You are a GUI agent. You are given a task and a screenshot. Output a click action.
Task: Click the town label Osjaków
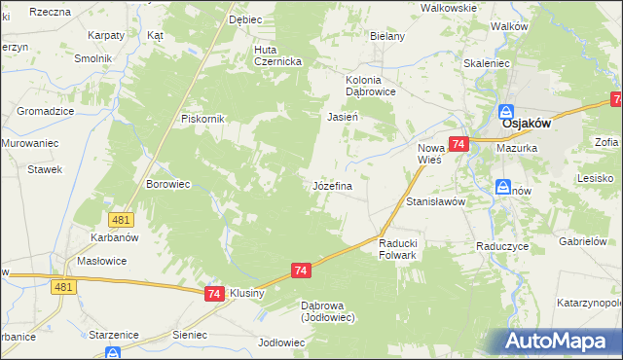click(526, 124)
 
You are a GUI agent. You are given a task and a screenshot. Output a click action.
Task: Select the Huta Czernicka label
click(277, 54)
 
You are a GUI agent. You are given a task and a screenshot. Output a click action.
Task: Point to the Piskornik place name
click(203, 119)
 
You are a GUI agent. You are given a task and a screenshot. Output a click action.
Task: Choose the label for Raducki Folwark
click(396, 249)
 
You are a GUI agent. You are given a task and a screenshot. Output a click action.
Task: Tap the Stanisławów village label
click(436, 201)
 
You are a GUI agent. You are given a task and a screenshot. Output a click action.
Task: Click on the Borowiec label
click(165, 183)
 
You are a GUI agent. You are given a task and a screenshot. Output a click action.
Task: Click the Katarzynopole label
click(590, 304)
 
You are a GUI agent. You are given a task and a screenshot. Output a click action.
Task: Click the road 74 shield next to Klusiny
click(215, 292)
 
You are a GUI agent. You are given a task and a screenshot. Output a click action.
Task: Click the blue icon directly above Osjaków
click(506, 110)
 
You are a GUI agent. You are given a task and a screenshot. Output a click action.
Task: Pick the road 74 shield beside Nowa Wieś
click(459, 144)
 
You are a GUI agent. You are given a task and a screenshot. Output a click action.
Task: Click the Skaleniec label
click(488, 62)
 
